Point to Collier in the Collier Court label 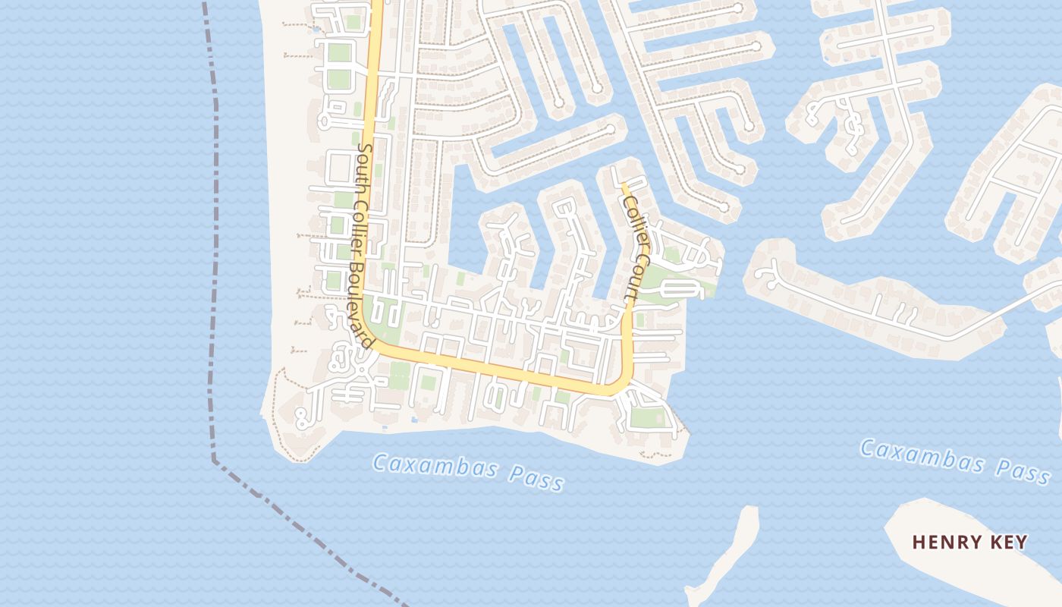[635, 221]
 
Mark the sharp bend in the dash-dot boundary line [215, 459]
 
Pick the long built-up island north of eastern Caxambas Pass [872, 303]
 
